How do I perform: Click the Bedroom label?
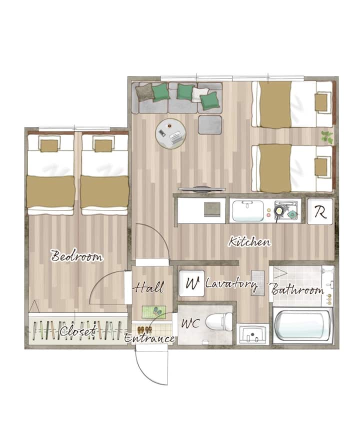[x=77, y=256]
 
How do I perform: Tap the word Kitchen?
[x=249, y=241]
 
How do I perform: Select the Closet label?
[x=78, y=330]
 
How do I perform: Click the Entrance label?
[x=149, y=338]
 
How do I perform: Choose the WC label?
[x=190, y=323]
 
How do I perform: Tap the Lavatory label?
[x=231, y=284]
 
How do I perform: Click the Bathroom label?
[x=297, y=289]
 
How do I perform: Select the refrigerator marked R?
[x=320, y=211]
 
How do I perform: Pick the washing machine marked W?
[x=191, y=283]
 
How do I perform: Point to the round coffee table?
[x=170, y=133]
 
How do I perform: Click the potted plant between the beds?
[x=327, y=137]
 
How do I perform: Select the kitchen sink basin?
[x=248, y=210]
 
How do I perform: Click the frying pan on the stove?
[x=278, y=210]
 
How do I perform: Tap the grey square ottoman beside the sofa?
[x=210, y=125]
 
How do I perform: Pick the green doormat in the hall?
[x=154, y=311]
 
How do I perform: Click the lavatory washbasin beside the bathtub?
[x=252, y=334]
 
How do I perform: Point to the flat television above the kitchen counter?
[x=202, y=189]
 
